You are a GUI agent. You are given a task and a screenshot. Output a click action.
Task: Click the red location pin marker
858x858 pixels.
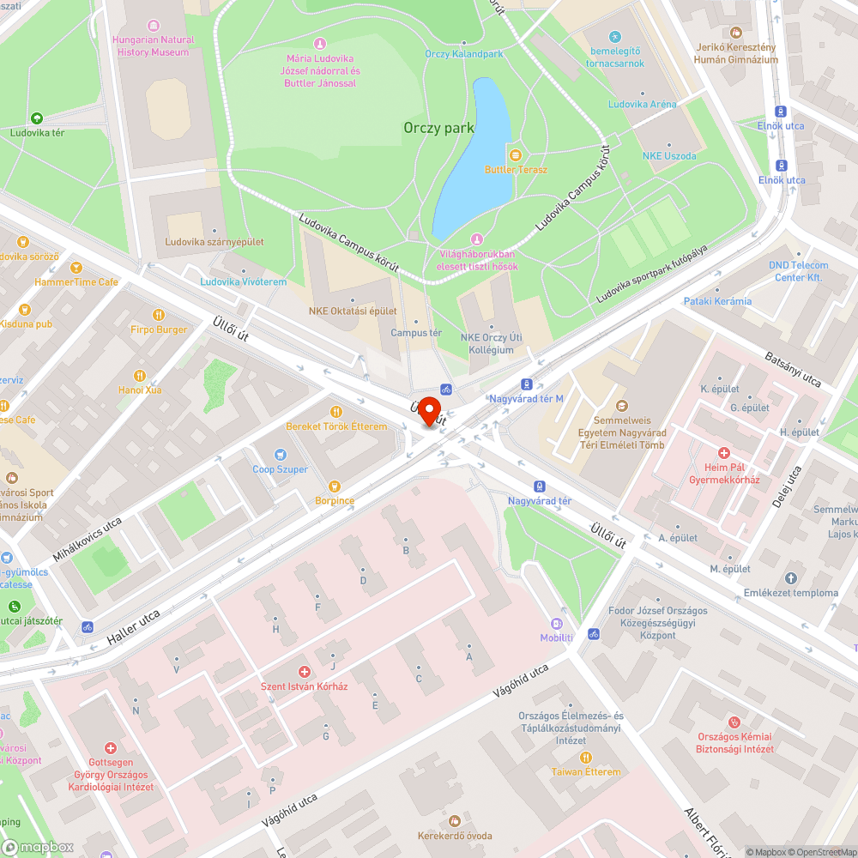click(x=428, y=409)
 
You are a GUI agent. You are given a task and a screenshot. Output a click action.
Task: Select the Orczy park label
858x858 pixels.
click(x=438, y=128)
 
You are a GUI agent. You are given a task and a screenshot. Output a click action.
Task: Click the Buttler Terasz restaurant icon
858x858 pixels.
click(x=515, y=154)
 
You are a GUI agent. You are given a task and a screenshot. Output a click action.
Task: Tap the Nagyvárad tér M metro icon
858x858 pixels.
click(x=526, y=385)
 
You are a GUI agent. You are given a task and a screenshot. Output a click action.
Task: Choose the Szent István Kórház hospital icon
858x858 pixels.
click(x=304, y=671)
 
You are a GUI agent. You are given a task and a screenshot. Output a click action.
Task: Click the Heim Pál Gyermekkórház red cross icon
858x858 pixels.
click(x=723, y=452)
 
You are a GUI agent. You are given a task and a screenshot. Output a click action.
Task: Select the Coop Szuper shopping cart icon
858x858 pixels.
click(x=280, y=454)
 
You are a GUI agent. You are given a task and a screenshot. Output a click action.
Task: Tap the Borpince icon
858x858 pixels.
click(x=334, y=486)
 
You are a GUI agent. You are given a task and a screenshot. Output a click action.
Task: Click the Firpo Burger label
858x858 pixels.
click(x=159, y=329)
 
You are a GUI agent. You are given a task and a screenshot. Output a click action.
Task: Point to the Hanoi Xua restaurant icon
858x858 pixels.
click(x=139, y=375)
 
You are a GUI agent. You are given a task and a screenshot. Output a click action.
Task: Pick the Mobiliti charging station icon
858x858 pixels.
click(x=556, y=624)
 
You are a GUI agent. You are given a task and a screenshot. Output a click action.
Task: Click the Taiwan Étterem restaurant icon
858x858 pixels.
click(x=586, y=757)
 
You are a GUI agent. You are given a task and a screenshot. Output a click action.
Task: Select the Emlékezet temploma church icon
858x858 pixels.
click(x=790, y=578)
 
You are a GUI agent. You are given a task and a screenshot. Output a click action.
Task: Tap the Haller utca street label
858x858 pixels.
click(x=133, y=627)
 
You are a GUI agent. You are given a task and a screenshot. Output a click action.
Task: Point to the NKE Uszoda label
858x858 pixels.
click(x=669, y=156)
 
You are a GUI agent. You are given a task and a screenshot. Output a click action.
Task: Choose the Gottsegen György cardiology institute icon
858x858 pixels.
click(x=110, y=748)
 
